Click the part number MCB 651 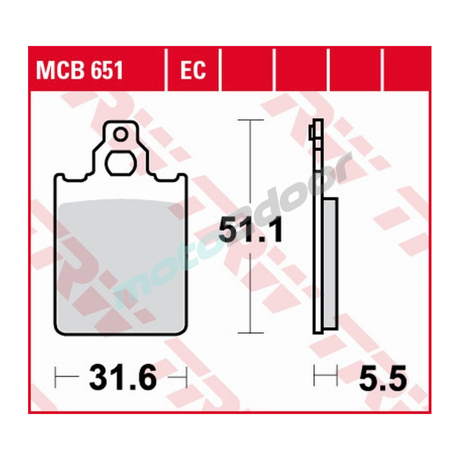pos(80,71)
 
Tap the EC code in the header pos(193,71)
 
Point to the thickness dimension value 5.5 pos(383,380)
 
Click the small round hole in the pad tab pos(121,134)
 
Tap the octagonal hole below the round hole pos(121,162)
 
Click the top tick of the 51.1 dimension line pos(250,120)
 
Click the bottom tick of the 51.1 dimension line pos(250,332)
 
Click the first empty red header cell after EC pos(247,71)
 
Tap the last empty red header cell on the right pos(407,71)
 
